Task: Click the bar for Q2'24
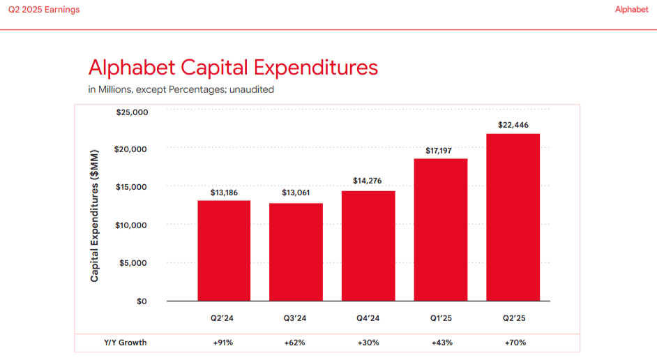[x=224, y=250]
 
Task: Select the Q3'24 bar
[x=296, y=252]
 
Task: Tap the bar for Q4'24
[x=368, y=246]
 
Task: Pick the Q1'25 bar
[x=441, y=230]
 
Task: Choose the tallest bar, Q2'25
[x=513, y=217]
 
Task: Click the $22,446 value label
[x=513, y=125]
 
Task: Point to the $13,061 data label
[x=296, y=193]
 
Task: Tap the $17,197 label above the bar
[x=441, y=151]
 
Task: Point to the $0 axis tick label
[x=141, y=301]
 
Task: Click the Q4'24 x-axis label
[x=368, y=318]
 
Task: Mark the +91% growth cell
[x=224, y=343]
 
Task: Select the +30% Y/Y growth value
[x=368, y=343]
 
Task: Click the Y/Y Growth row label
[x=126, y=343]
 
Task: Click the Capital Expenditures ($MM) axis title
[x=95, y=215]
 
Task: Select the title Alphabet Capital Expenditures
[x=233, y=68]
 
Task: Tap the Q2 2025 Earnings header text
[x=44, y=10]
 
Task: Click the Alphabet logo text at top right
[x=632, y=10]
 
